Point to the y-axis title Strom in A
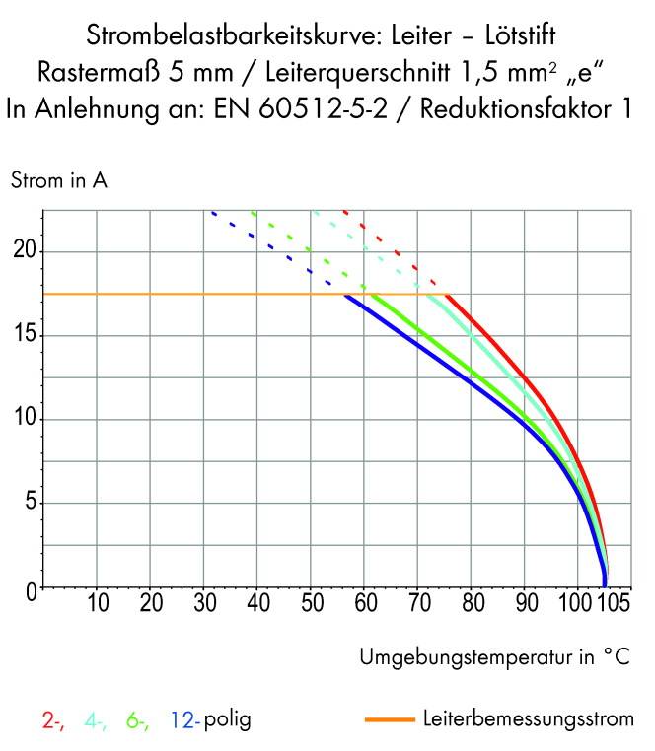(58, 181)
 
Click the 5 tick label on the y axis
(30, 504)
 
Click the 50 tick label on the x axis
(310, 604)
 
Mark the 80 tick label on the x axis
(470, 604)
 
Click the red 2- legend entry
(54, 720)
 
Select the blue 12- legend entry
(185, 720)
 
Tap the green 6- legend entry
(137, 720)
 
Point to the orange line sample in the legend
(390, 720)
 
